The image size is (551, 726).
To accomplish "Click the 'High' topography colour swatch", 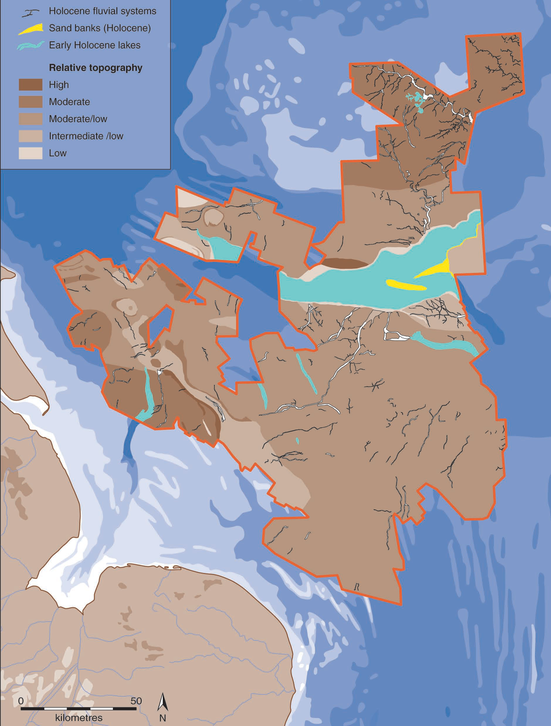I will (30, 85).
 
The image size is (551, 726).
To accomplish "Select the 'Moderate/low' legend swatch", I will (30, 119).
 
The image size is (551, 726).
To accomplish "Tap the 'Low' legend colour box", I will (30, 153).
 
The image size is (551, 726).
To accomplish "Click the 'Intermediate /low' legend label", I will (86, 136).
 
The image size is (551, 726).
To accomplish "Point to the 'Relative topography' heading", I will (96, 68).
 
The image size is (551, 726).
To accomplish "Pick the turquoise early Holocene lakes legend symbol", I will (30, 46).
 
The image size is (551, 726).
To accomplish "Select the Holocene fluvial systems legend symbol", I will (30, 13).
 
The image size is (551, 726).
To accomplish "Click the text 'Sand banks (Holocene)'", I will (100, 28).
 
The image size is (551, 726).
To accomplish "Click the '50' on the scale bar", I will (136, 701).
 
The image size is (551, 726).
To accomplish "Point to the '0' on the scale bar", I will (21, 701).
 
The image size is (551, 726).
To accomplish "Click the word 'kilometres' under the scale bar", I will (79, 718).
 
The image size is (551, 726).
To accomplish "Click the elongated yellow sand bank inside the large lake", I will (406, 285).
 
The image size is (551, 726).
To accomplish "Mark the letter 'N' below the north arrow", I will (162, 718).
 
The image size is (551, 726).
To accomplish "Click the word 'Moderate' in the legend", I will (69, 102).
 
